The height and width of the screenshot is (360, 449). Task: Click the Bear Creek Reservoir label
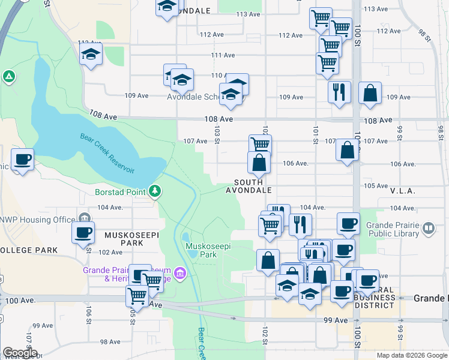[107, 153]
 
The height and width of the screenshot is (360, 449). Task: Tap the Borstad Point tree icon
[155, 191]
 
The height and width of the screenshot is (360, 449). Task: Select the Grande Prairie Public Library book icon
[429, 228]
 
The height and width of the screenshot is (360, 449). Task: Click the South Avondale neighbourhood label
[249, 186]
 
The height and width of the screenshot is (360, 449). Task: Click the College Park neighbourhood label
[29, 250]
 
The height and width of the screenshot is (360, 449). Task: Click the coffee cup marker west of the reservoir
[23, 160]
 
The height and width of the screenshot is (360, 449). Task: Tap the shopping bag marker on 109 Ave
[370, 92]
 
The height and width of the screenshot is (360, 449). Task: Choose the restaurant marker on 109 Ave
[339, 92]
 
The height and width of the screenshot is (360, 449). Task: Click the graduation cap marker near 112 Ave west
[91, 54]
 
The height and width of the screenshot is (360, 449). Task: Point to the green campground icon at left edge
[8, 77]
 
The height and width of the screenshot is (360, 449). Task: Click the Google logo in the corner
[20, 353]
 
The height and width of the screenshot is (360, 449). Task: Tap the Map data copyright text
[411, 355]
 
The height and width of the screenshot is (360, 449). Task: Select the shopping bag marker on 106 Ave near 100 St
[348, 150]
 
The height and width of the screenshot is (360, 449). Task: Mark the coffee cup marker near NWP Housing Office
[83, 232]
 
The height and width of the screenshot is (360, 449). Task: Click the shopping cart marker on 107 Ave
[260, 145]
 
